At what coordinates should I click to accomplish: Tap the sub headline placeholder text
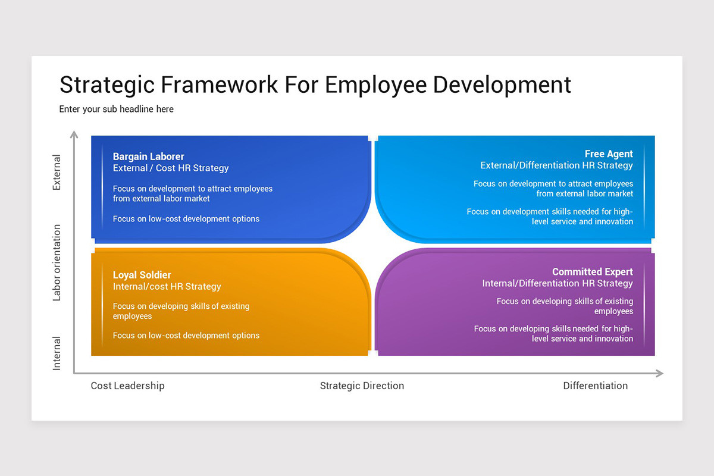(117, 109)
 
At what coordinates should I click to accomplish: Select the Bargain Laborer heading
(149, 156)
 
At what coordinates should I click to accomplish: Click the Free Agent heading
(609, 154)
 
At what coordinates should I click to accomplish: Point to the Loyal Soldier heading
(142, 275)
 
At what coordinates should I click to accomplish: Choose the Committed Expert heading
(593, 272)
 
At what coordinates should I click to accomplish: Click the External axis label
(57, 173)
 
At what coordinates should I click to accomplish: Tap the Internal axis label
(57, 353)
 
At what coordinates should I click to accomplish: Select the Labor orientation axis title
(57, 262)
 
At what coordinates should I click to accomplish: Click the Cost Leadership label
(127, 386)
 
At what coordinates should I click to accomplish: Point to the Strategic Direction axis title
(362, 386)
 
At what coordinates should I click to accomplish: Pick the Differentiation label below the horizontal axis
(595, 386)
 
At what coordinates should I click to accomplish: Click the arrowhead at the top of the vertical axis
(74, 135)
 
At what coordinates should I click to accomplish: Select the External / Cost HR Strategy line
(171, 168)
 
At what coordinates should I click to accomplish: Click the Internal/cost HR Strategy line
(167, 287)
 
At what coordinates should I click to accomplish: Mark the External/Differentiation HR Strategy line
(556, 165)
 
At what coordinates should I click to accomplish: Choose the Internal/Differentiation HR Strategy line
(558, 284)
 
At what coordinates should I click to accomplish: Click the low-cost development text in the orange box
(186, 336)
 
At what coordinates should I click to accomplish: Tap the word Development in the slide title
(502, 84)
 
